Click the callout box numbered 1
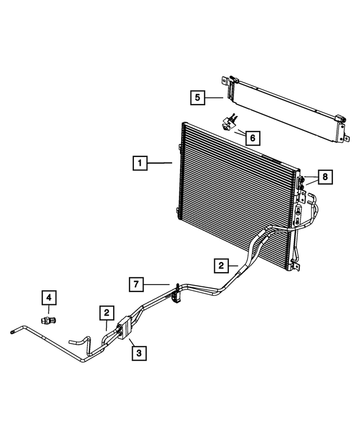coord(138,164)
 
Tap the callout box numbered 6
coord(252,137)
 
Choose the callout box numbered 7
coord(135,284)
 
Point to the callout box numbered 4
coord(48,296)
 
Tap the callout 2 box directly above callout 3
coord(106,311)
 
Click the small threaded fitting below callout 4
coord(49,319)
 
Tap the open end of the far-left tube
coord(12,333)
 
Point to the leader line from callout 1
coord(160,164)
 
